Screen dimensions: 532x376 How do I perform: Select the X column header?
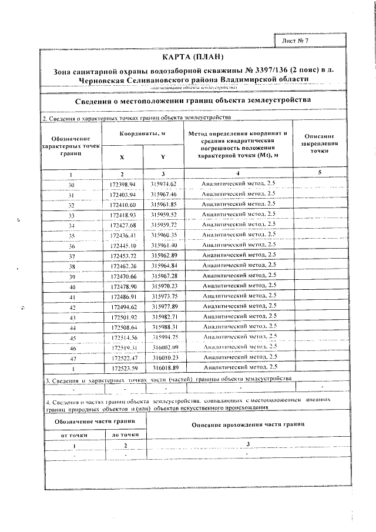[122, 158]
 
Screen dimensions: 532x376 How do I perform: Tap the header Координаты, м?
[142, 134]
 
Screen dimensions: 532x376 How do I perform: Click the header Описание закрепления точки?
[320, 143]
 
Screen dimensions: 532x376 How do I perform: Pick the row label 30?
[72, 185]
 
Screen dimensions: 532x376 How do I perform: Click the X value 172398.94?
[123, 185]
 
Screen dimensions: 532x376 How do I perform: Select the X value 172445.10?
[123, 245]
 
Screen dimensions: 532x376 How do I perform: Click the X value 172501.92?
[123, 317]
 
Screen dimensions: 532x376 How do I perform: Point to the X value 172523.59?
[123, 368]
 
